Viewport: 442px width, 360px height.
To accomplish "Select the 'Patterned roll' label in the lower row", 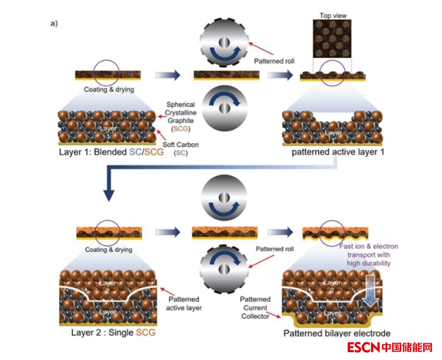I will (x=275, y=249).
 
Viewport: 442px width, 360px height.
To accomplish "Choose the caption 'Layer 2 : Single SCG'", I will (x=113, y=332).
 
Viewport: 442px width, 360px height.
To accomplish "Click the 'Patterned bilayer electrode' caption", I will (x=337, y=333).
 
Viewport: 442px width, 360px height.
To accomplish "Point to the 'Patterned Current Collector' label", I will (x=255, y=307).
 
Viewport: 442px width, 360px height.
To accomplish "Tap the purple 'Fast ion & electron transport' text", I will (x=369, y=254).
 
